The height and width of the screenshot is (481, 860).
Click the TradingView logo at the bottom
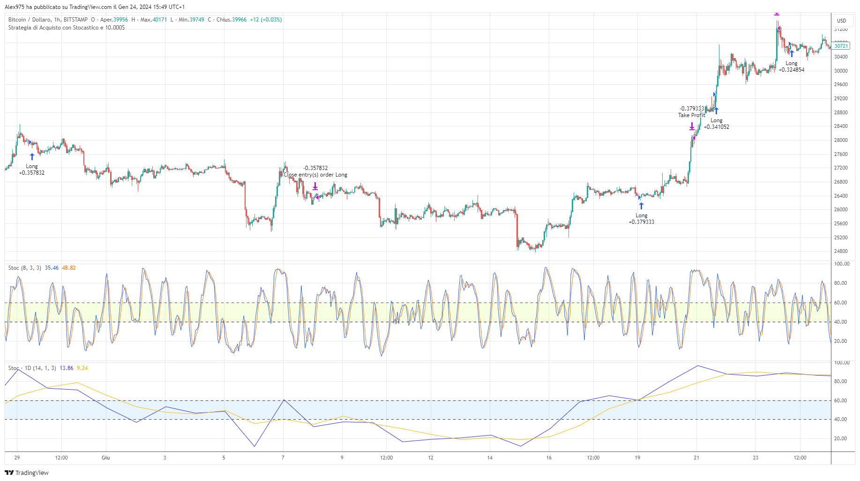(x=27, y=473)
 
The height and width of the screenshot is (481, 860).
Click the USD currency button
(x=842, y=21)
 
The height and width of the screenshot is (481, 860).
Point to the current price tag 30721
(x=841, y=46)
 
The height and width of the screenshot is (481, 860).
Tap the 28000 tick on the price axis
(x=841, y=140)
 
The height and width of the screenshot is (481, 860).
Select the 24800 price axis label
(x=841, y=251)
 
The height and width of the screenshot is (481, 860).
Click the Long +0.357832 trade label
(x=32, y=170)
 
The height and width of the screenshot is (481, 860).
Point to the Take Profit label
(x=691, y=115)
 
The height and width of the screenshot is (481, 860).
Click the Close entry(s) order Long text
(x=315, y=175)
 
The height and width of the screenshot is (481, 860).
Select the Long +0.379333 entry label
(x=641, y=219)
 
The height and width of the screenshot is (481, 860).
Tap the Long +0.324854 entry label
(x=791, y=67)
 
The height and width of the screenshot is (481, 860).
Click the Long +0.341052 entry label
(x=716, y=124)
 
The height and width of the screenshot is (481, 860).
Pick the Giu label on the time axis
(x=106, y=458)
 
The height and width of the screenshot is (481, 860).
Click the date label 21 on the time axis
(x=696, y=458)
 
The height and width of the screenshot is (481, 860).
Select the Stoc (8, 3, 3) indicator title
(x=24, y=268)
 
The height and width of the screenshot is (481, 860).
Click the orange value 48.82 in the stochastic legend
(x=69, y=268)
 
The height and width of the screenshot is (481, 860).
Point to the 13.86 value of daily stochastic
(x=67, y=368)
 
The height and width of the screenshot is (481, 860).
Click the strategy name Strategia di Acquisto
(x=66, y=28)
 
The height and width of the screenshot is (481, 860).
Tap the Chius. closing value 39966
(x=239, y=20)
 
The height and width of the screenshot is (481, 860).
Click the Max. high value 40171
(x=159, y=20)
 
